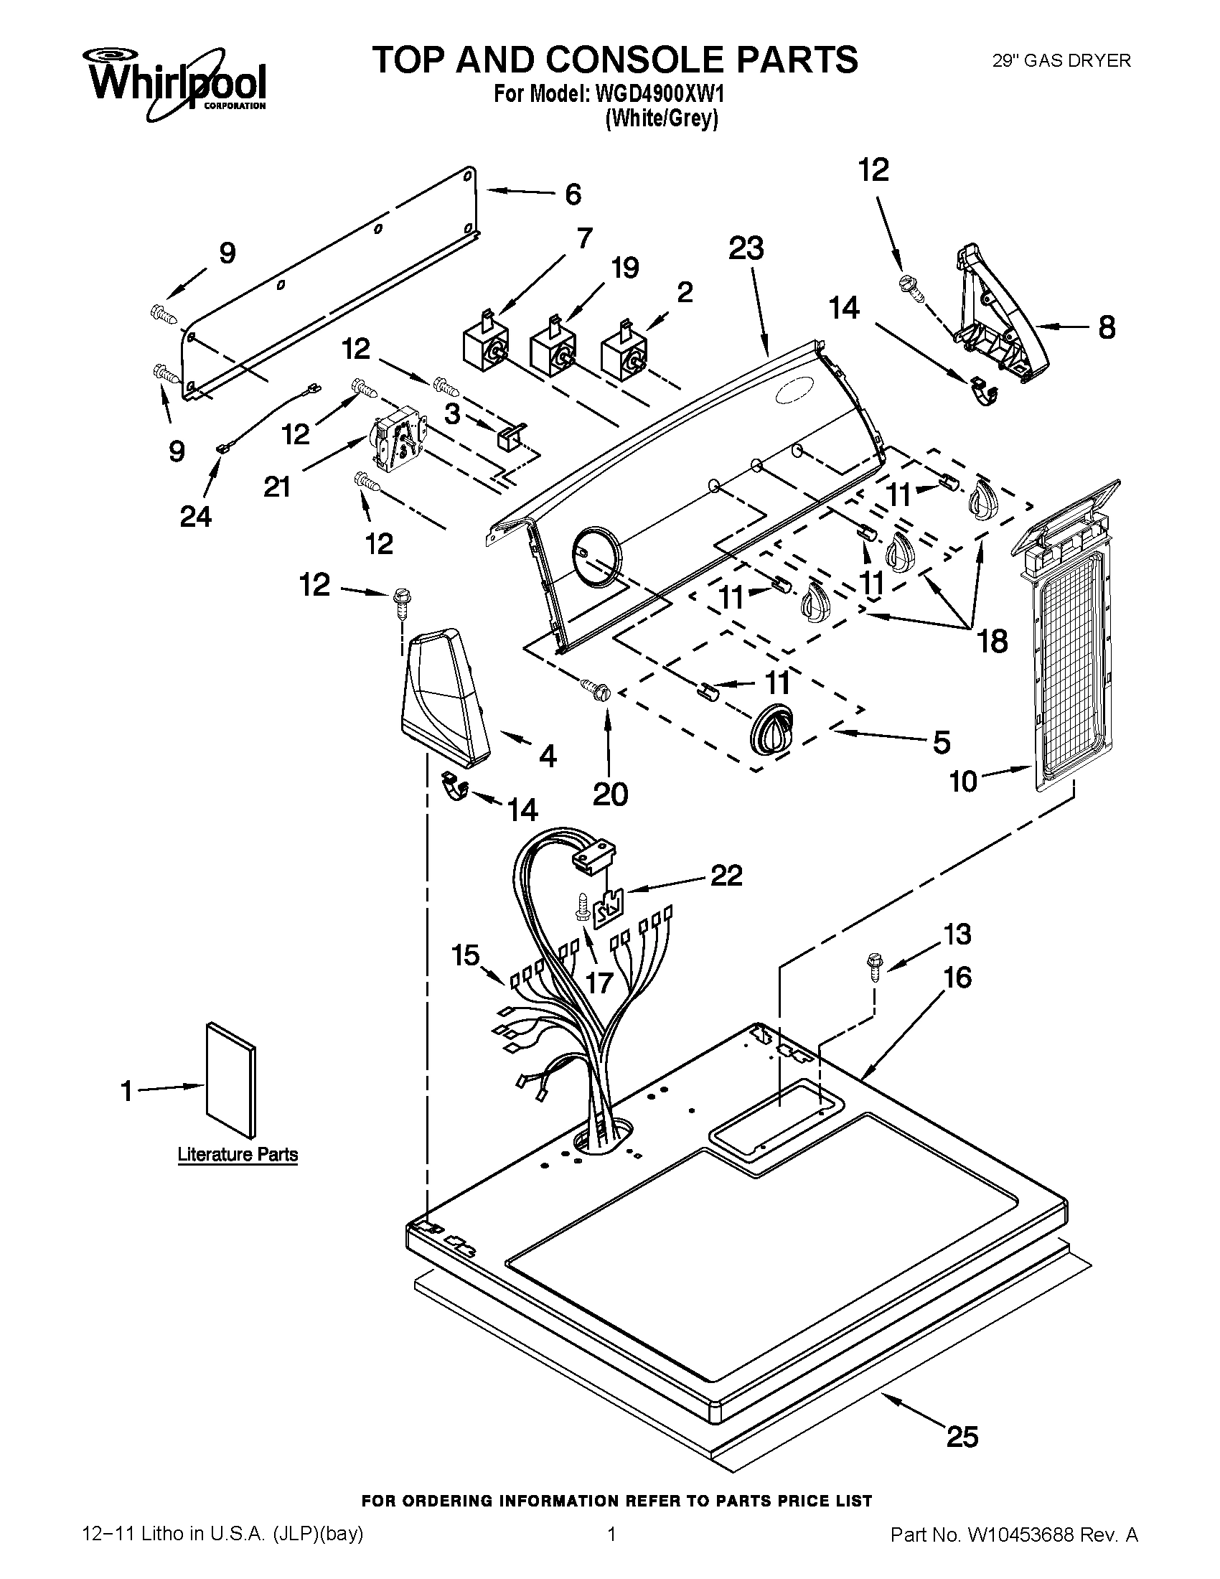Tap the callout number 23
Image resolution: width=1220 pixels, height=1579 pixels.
746,249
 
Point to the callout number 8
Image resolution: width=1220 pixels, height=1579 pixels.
1106,327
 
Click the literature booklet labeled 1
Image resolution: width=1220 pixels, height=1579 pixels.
230,1079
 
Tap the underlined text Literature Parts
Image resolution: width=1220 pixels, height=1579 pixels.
238,1155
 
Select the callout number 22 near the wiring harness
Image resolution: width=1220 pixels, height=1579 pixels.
726,876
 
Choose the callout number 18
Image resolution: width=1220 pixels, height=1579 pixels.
992,640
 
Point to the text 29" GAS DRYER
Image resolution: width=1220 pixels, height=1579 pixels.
1061,61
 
